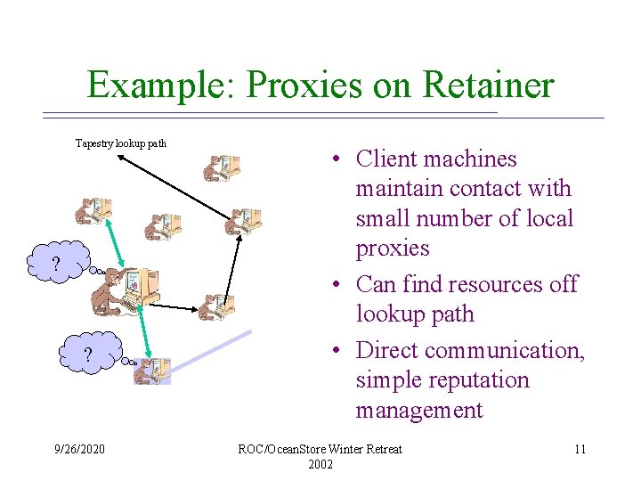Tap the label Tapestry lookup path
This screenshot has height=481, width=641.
point(121,143)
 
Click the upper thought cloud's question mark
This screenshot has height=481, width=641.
point(55,265)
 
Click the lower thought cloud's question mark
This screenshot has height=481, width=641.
point(87,356)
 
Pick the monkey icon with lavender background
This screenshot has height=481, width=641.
point(152,370)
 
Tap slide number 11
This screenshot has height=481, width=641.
point(580,449)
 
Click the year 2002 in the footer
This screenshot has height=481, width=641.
point(320,464)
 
